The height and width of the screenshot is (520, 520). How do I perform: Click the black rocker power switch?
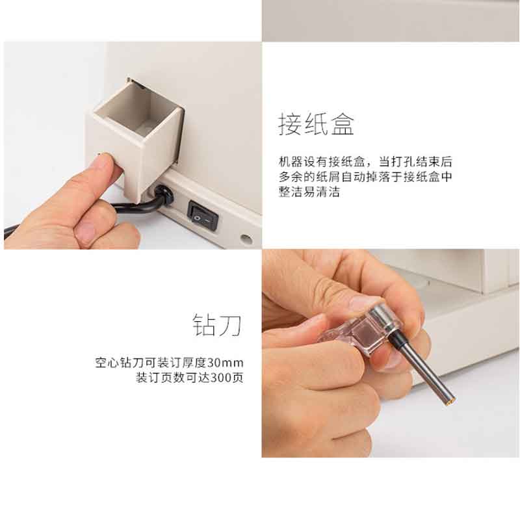point(203,215)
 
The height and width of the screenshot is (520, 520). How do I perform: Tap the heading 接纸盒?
point(316,124)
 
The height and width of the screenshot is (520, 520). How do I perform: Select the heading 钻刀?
point(218,325)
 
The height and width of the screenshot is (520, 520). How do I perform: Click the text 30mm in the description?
point(225,363)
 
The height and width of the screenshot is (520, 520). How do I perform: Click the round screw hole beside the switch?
point(246,239)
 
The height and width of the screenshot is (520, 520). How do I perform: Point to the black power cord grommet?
point(164,196)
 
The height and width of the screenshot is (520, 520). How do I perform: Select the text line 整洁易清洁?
point(309,192)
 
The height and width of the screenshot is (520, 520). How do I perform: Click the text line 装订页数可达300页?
point(190,378)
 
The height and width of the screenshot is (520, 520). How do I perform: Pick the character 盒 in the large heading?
point(343,124)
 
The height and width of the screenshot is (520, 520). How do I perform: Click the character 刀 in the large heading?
point(231,325)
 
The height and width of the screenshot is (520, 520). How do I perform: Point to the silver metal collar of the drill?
point(385,318)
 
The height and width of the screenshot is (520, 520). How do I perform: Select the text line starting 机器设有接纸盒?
point(365,162)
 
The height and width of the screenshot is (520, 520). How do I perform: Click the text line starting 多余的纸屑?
point(365,177)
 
